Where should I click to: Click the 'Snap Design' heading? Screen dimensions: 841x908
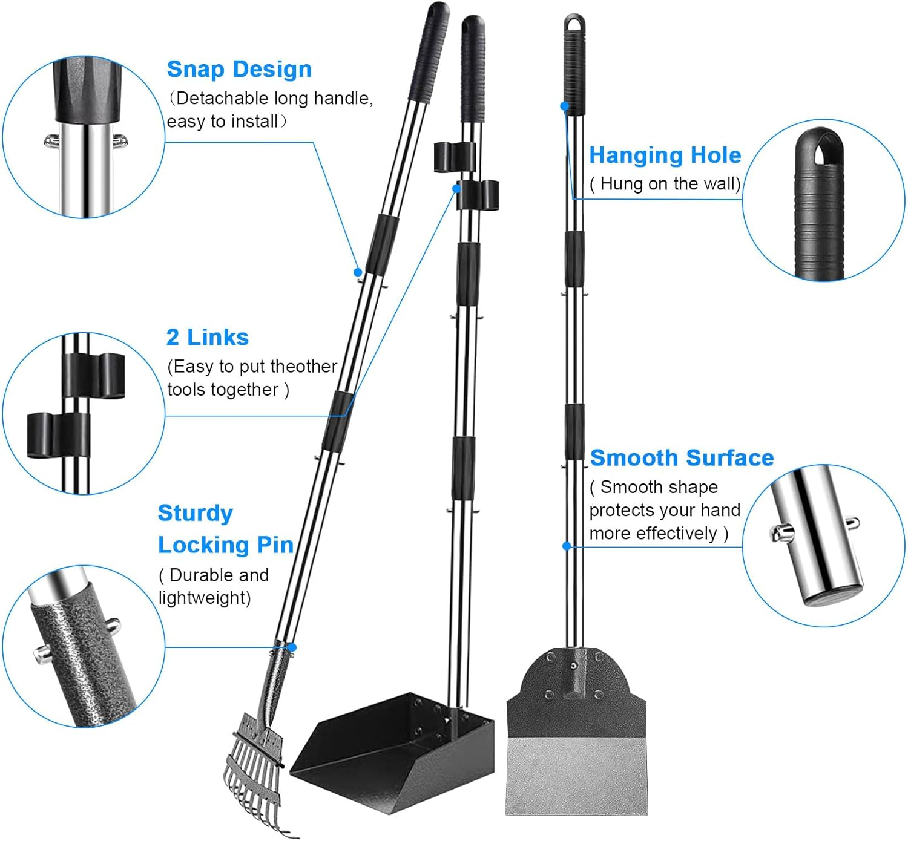[x=239, y=70]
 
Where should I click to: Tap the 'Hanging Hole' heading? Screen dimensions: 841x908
[x=665, y=155]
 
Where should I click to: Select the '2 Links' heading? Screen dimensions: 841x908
[x=207, y=338]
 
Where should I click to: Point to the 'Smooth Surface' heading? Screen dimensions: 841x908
[x=682, y=458]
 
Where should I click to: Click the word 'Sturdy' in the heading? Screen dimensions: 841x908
[x=195, y=514]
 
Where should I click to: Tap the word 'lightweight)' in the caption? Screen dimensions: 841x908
[x=205, y=598]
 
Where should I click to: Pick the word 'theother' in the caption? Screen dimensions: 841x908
[x=303, y=367]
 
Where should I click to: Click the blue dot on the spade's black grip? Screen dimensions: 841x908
[x=565, y=106]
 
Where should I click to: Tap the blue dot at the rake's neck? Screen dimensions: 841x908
[x=292, y=647]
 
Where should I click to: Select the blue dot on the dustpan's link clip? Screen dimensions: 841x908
[x=457, y=189]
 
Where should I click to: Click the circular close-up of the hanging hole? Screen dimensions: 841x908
[x=823, y=200]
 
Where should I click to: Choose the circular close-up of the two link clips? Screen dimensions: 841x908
[x=83, y=413]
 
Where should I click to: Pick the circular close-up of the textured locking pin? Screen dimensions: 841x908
[x=83, y=646]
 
